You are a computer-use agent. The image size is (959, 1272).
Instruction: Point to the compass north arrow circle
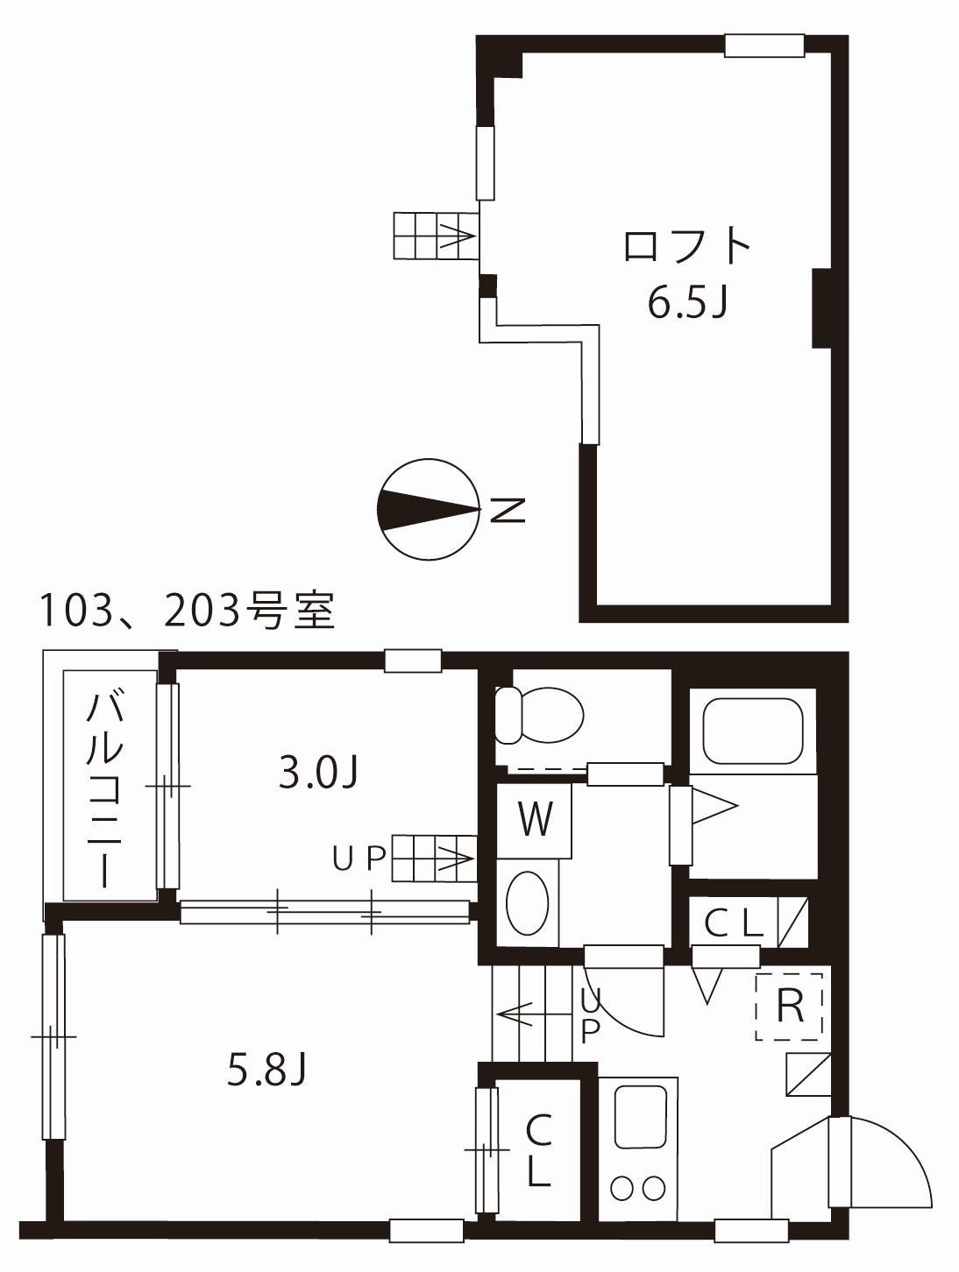click(429, 508)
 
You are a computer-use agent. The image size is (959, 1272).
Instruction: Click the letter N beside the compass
click(507, 509)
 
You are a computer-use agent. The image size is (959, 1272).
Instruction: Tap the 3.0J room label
click(319, 771)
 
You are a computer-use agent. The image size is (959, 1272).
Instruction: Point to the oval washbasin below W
click(528, 902)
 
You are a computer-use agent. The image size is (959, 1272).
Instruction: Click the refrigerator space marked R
click(790, 1007)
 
